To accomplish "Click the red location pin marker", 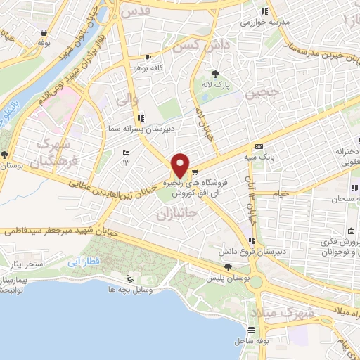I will point(181,165).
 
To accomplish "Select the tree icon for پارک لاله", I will point(216,74).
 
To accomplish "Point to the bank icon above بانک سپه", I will point(259,146).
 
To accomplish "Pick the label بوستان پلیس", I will point(227,278).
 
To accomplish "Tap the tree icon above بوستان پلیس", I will point(227,267).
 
